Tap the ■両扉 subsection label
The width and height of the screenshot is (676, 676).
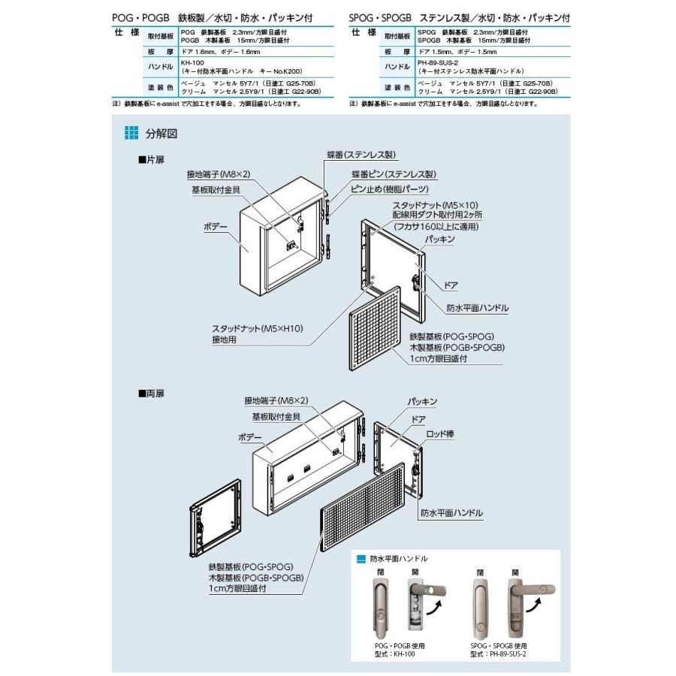point(152,392)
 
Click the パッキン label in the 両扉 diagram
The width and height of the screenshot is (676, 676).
point(423,402)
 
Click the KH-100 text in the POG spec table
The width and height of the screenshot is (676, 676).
point(193,62)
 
